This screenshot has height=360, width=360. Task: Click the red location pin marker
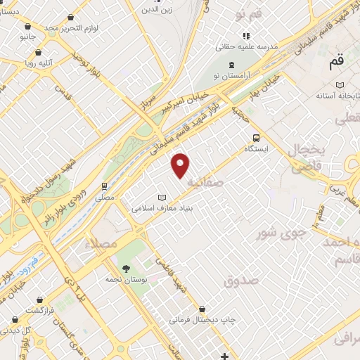181,165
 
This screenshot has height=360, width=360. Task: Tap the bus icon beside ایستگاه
255,139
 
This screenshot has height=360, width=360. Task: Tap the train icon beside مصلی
104,186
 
